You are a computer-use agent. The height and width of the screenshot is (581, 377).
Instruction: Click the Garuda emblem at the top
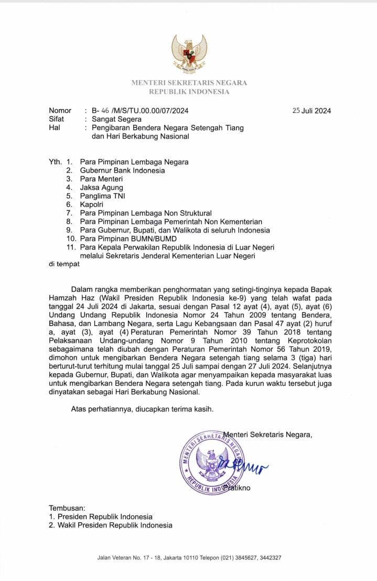coord(189,52)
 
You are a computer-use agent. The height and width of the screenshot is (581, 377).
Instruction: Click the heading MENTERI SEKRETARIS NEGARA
coord(189,82)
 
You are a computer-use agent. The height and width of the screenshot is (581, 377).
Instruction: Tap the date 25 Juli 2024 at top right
coord(311,111)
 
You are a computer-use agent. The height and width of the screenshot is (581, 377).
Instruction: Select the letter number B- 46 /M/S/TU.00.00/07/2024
coord(140,111)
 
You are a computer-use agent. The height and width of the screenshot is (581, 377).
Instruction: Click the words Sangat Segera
coord(116,119)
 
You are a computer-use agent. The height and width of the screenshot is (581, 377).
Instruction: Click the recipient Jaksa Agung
coord(102,187)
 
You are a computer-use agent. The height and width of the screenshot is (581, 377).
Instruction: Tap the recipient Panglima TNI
coord(103,196)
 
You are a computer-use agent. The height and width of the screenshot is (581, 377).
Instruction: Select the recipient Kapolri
coord(92,204)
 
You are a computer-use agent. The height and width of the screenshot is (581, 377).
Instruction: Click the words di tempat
coord(64,264)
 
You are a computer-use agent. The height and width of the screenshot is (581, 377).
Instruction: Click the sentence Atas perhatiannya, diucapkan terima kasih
coord(143,409)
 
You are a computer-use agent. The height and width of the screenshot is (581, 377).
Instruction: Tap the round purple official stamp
coord(212,462)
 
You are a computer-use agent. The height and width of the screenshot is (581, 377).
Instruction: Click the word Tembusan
coord(67,508)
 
